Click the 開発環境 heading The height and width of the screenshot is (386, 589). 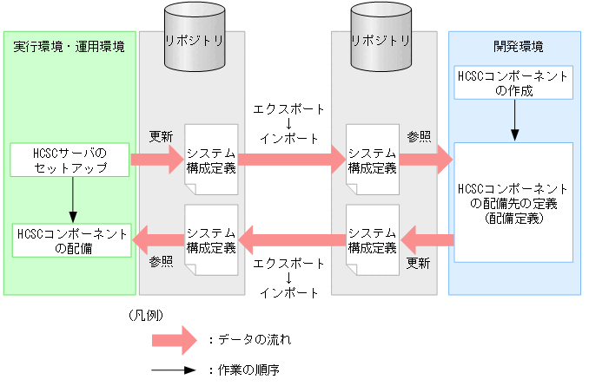[x=513, y=46]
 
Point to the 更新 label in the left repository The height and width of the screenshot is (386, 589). [x=161, y=136]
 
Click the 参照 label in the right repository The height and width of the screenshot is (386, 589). [x=419, y=136]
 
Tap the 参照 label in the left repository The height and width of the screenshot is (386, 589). [x=161, y=260]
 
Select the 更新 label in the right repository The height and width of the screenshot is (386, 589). [x=419, y=261]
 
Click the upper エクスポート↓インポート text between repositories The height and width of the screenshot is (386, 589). [x=288, y=123]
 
